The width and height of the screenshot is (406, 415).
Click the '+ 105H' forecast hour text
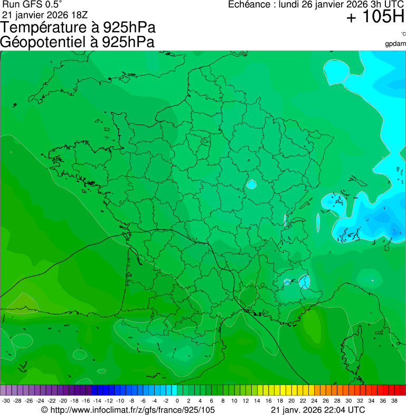pos(375,17)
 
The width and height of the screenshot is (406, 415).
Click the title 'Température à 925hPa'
pos(78,28)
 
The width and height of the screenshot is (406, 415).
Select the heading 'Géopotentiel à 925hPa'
pos(77,42)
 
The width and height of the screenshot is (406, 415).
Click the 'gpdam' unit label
pos(395,43)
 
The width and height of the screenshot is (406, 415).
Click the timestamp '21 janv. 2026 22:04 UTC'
pos(317,410)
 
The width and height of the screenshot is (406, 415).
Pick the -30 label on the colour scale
pos(6,401)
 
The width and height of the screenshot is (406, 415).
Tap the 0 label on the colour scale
pos(177,401)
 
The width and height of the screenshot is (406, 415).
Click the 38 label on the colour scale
pos(394,401)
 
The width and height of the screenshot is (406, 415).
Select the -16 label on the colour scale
pos(86,401)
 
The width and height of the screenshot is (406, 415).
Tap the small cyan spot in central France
pos(251,185)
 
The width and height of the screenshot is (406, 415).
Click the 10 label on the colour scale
pos(234,401)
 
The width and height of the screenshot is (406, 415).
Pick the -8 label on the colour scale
pos(131,401)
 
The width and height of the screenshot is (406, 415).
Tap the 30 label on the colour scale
pos(348,401)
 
